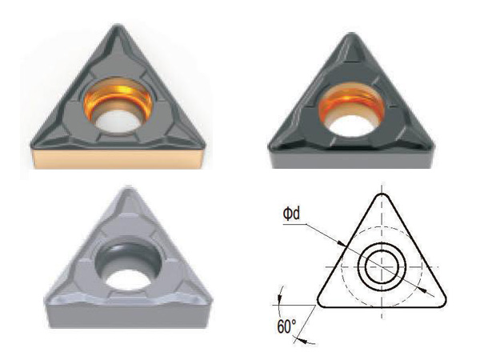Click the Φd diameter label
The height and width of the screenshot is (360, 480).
tap(291, 214)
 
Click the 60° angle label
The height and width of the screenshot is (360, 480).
tap(287, 326)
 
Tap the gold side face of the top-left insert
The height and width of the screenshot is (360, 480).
tap(118, 158)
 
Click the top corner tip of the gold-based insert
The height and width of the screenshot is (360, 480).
tap(118, 26)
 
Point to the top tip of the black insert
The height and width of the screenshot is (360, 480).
tap(352, 34)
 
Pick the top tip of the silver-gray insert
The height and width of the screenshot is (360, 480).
tap(128, 187)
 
